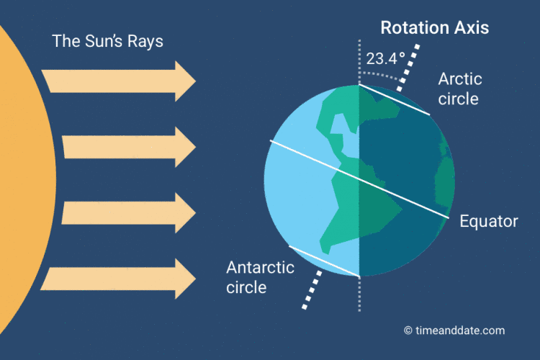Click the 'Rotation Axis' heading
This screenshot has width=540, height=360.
click(435, 28)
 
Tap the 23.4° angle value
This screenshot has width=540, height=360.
click(385, 59)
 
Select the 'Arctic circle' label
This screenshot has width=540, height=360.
click(460, 89)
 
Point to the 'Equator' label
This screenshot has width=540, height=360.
click(489, 221)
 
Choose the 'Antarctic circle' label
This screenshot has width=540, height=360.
click(260, 277)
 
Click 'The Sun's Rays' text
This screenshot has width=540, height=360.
click(107, 41)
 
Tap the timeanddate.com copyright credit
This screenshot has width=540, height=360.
click(454, 330)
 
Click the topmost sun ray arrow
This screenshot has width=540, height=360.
click(119, 81)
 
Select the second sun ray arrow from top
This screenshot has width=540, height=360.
click(129, 147)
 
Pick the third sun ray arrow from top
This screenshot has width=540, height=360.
click(129, 213)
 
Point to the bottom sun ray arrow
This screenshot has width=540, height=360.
click(118, 279)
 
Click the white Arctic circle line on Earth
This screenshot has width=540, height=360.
click(395, 99)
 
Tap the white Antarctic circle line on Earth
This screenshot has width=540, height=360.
click(324, 261)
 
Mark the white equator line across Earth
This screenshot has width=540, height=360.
click(359, 179)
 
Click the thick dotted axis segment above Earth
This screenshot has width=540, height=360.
click(408, 68)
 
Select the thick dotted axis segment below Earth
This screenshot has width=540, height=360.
click(312, 290)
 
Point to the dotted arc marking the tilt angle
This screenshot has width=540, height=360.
click(381, 75)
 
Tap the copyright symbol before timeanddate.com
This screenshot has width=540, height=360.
click(408, 330)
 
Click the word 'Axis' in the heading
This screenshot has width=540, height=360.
click(472, 28)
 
